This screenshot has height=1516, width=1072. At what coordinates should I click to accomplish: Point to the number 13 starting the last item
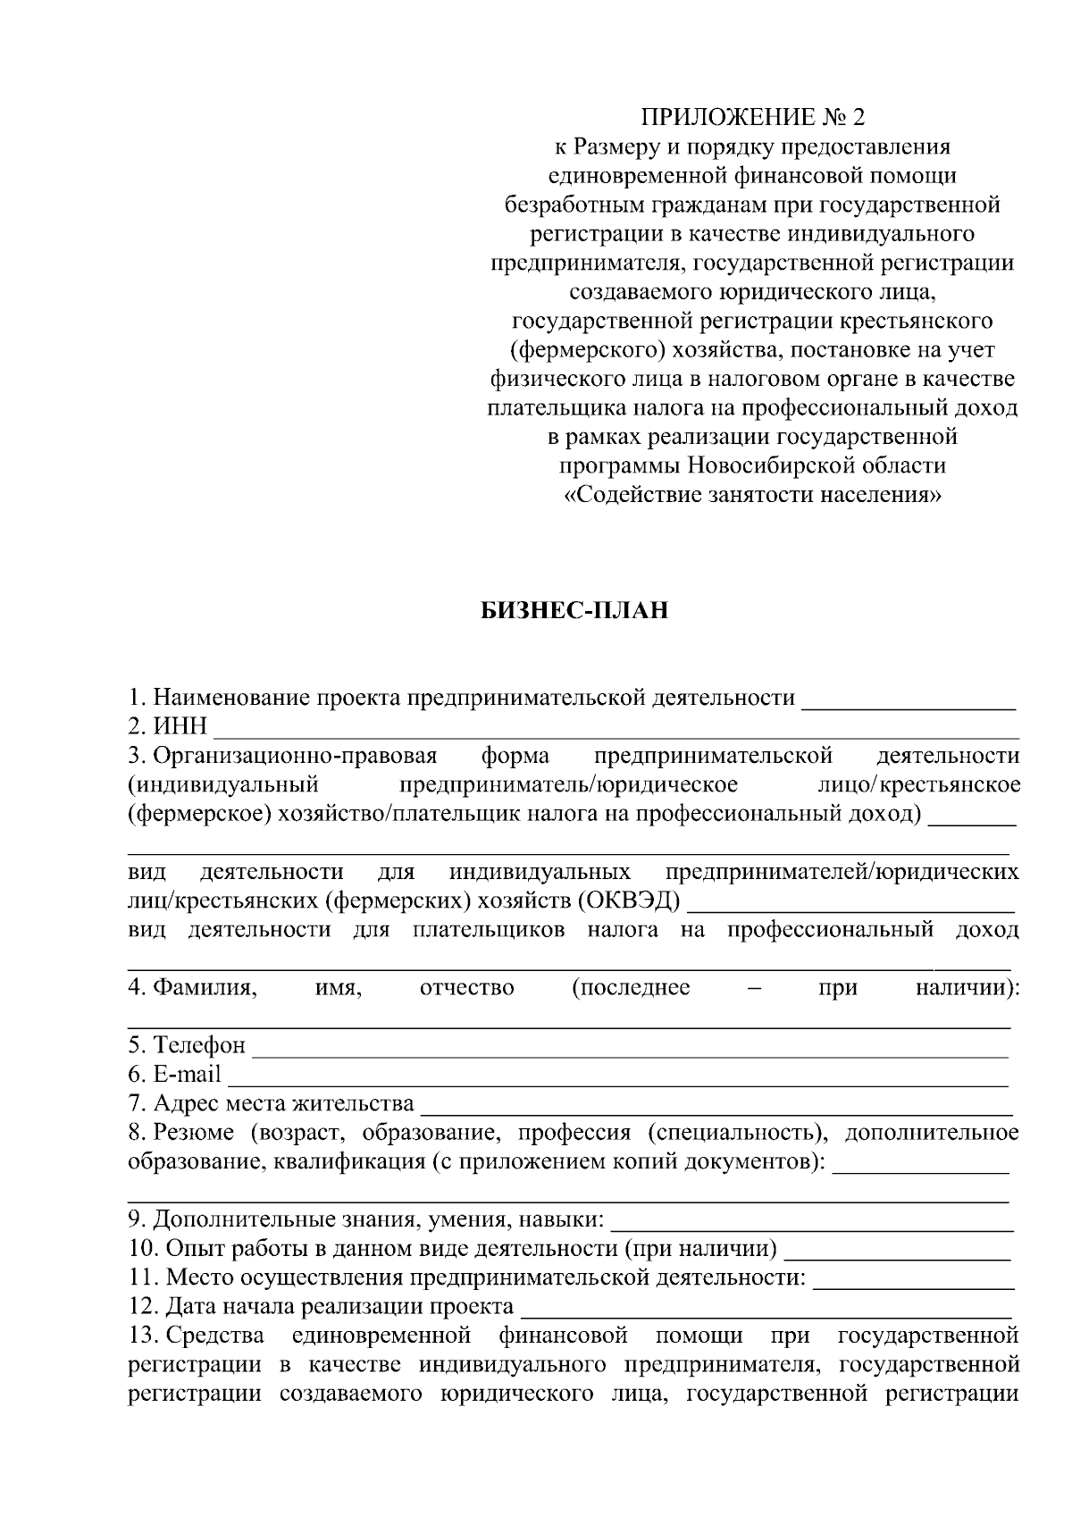tap(142, 1336)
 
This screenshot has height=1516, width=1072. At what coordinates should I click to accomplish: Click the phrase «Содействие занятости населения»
tap(752, 495)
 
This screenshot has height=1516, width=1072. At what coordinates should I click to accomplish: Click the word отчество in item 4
tap(466, 988)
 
